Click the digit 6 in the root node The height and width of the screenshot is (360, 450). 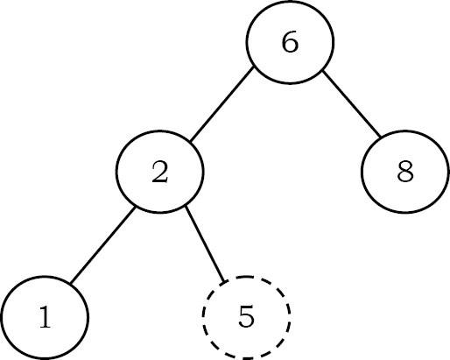click(290, 42)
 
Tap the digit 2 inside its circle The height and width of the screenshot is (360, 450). click(160, 172)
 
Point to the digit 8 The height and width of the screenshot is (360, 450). click(405, 172)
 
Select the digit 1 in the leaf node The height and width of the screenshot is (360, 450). click(45, 317)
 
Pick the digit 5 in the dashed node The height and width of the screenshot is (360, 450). click(246, 316)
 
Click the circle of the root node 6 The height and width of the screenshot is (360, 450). click(247, 42)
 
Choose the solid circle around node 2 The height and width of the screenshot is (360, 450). click(116, 172)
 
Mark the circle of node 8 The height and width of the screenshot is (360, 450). click(362, 172)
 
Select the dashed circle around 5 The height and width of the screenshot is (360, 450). click(202, 317)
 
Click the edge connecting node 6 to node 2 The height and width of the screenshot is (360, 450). click(221, 105)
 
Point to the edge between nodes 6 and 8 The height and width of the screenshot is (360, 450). click(351, 103)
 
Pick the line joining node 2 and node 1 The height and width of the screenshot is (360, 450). click(102, 244)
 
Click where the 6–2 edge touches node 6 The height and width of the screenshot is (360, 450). click(253, 68)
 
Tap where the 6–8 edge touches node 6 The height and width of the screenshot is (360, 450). click(322, 70)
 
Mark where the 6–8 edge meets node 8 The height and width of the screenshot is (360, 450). click(381, 137)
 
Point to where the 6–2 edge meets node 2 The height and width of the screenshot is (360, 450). click(190, 142)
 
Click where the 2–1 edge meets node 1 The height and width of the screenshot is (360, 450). click(70, 283)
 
